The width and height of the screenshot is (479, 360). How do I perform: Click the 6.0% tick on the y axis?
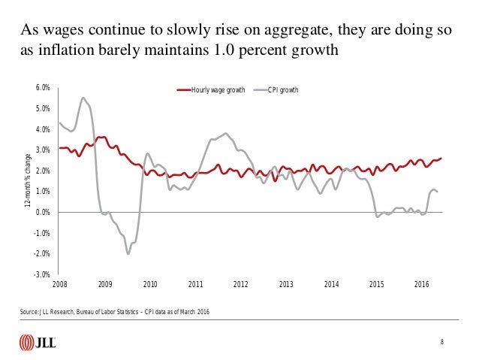pos(42,88)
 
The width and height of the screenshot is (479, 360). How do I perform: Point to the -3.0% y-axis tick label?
pos(42,274)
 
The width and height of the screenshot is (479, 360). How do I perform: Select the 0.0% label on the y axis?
pos(42,213)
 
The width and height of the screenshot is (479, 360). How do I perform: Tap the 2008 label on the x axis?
pos(59,285)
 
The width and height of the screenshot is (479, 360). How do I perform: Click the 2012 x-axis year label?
pos(240,285)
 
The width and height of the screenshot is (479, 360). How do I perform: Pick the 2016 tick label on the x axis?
pos(422,285)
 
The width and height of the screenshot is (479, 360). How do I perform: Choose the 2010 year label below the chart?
pos(150,285)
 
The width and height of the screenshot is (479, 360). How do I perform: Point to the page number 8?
pos(443,343)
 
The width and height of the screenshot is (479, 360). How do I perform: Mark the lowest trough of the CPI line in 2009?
pos(128,253)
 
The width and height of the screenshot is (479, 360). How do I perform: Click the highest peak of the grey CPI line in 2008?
pos(83,98)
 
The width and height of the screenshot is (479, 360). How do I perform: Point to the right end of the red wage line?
pos(441,158)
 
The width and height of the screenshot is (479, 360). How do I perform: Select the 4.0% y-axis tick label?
pos(42,129)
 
